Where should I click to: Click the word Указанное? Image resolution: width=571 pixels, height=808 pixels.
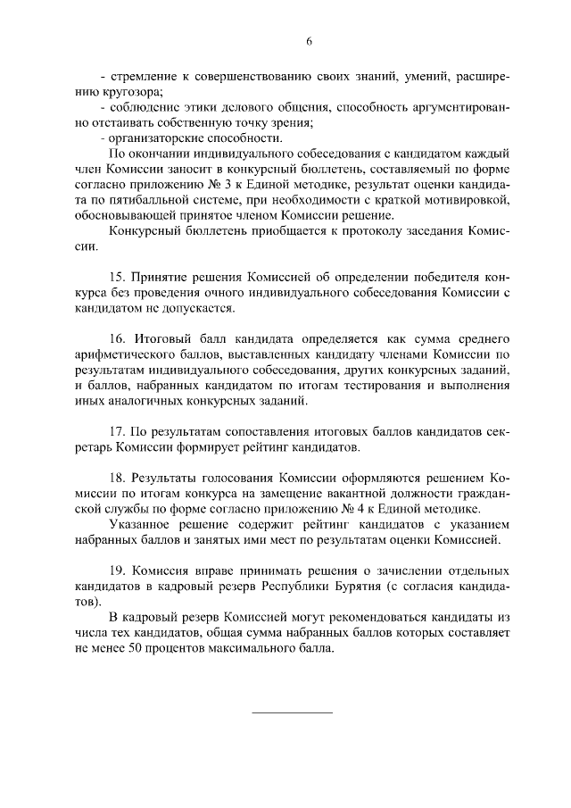145,523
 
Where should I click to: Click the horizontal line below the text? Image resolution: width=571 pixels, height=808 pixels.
293,712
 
